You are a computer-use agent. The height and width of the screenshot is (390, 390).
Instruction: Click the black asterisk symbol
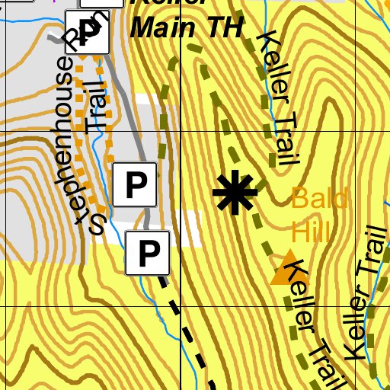[235, 193]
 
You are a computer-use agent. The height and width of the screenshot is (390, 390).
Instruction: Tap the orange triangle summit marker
[287, 268]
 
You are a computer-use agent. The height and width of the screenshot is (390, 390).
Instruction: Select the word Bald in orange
[319, 200]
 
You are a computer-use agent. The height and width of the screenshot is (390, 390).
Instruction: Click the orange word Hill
[310, 229]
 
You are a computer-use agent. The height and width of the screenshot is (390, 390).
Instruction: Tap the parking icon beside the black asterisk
[136, 184]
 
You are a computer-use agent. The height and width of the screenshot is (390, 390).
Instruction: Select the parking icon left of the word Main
[90, 31]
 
